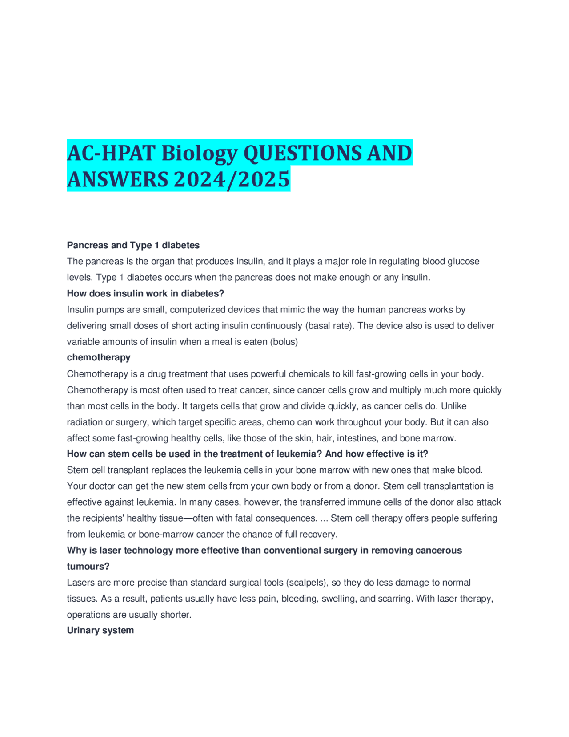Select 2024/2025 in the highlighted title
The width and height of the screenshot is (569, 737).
click(x=232, y=180)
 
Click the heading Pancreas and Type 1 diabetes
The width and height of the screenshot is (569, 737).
click(x=133, y=245)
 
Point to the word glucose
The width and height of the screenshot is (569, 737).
click(x=463, y=261)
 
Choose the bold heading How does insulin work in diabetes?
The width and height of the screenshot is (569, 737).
click(x=145, y=293)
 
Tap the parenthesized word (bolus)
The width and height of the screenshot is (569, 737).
click(x=284, y=342)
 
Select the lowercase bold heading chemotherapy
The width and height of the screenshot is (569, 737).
click(x=99, y=357)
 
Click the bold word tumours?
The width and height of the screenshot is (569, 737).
click(x=88, y=566)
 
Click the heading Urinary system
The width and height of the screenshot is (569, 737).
click(x=100, y=630)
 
